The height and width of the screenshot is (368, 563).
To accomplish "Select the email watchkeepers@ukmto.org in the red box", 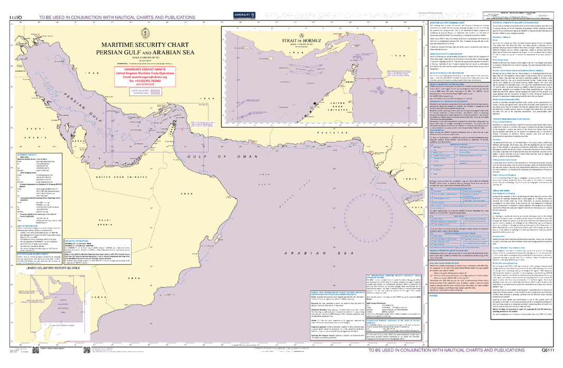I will point(144,78).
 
